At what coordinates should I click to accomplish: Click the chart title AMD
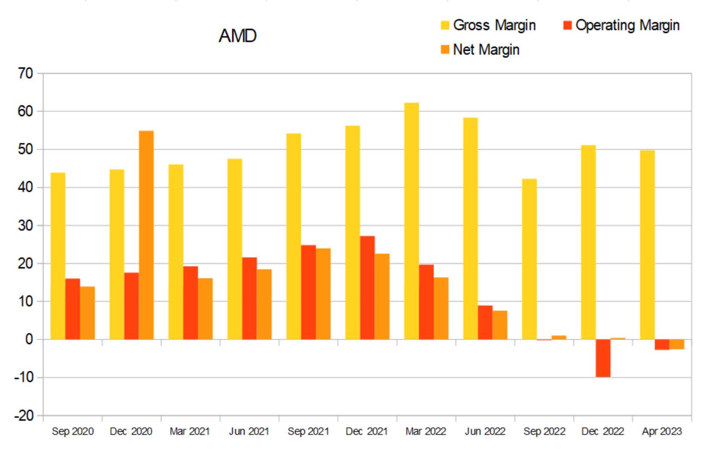click(x=237, y=36)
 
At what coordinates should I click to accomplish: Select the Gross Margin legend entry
click(x=488, y=25)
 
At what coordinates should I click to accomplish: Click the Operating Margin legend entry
click(x=621, y=25)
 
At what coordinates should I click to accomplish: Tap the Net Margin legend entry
click(x=480, y=50)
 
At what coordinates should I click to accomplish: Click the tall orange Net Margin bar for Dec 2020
click(x=146, y=236)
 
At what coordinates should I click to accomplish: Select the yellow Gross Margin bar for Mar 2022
click(x=411, y=221)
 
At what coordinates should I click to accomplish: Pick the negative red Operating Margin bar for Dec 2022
click(x=603, y=358)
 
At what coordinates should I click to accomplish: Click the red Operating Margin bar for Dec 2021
click(x=367, y=288)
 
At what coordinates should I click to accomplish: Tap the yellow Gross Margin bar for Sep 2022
click(x=529, y=259)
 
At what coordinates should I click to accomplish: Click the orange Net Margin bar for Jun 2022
click(x=500, y=325)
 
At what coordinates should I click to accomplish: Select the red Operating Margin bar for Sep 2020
click(x=72, y=309)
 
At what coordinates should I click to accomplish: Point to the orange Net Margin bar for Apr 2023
click(x=677, y=344)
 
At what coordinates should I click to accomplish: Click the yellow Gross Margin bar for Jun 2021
click(x=235, y=249)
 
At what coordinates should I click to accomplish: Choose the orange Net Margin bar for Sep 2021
click(x=323, y=294)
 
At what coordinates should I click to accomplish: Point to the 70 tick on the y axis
click(x=25, y=73)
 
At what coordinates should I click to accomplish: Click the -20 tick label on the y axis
click(x=23, y=415)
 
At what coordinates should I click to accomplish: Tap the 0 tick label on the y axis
click(x=29, y=339)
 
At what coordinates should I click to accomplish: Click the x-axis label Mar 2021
click(x=189, y=432)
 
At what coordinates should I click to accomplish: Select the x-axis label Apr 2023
click(x=661, y=432)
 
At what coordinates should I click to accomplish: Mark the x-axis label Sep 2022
click(x=544, y=432)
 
